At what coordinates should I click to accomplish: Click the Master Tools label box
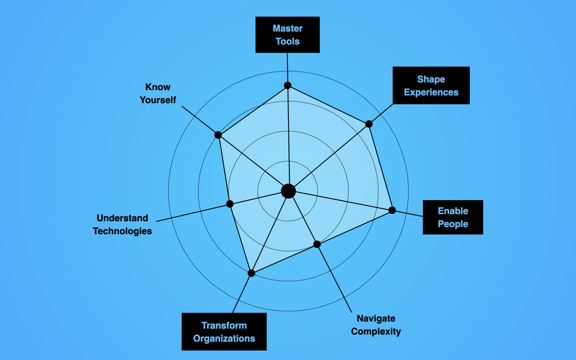pos(288,35)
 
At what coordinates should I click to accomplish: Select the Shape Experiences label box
pos(431,85)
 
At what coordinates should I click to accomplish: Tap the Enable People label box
pos(453,217)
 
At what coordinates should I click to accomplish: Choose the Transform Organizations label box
pos(224,332)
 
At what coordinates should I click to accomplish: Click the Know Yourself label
pos(157,94)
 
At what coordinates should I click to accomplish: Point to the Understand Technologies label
pos(122,225)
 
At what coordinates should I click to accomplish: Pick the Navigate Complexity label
pos(376,325)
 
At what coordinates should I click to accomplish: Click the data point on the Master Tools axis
pos(288,85)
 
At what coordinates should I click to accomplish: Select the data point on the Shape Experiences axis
pos(369,124)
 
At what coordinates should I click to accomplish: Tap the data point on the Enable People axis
pos(392,210)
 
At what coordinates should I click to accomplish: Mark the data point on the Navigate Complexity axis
pos(317,244)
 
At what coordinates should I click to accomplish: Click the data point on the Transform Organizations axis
pos(252,273)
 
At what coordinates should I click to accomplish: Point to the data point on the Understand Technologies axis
pos(230,204)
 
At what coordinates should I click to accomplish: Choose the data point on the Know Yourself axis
pos(218,135)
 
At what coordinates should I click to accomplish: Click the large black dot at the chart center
pos(288,191)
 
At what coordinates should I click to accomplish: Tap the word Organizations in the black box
pos(224,338)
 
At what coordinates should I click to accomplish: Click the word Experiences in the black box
pos(431,92)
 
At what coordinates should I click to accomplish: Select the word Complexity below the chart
pos(376,332)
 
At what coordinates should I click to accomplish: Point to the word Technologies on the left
pos(122,231)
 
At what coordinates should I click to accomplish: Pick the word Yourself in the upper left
pos(157,100)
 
